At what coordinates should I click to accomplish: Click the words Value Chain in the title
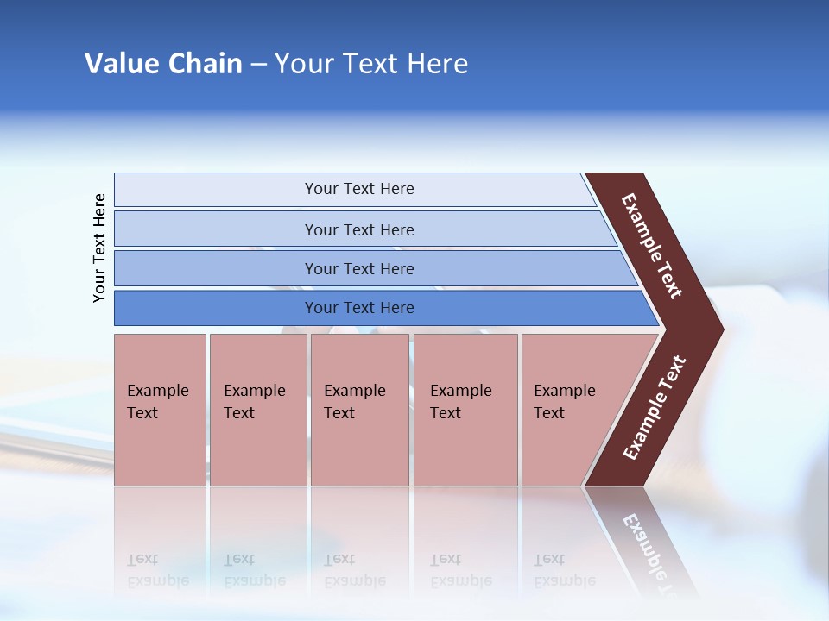(163, 64)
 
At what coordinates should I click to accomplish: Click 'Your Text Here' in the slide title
(371, 64)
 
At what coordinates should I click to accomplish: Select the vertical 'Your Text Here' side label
(99, 248)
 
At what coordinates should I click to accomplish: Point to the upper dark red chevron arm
(653, 246)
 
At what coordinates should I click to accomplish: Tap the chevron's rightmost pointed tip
(719, 329)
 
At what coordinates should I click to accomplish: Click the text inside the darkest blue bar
(359, 308)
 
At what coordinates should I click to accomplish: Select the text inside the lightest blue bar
(359, 189)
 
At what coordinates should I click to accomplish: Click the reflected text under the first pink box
(157, 570)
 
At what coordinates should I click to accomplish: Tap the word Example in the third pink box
(354, 391)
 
